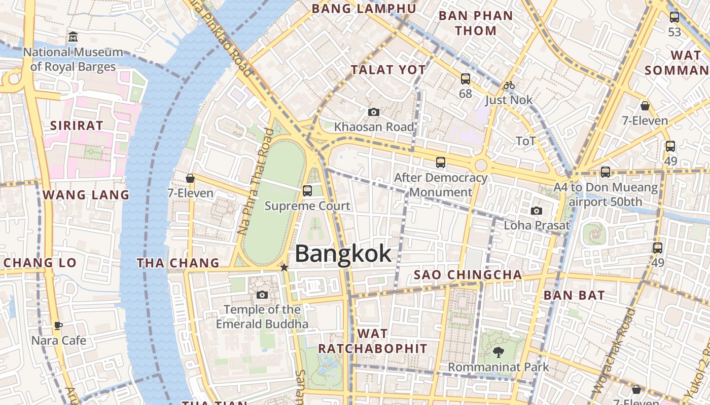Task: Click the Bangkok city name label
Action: coord(343,254)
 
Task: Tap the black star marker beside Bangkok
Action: coord(285,267)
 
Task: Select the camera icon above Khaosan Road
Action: coord(374,112)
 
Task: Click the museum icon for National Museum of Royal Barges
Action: coord(73,37)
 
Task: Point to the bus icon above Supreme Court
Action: coord(307,191)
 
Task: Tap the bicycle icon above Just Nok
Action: coord(509,85)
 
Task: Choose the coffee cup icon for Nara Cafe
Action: coord(58,326)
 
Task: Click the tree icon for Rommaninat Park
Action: coord(498,352)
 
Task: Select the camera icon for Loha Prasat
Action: coord(537,211)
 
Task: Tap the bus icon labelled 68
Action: coord(465,79)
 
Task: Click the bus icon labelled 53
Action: coord(674,17)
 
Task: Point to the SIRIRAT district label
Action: coord(77,126)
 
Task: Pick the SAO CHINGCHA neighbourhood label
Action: coord(468,275)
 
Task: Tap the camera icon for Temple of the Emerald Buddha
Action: coord(262,295)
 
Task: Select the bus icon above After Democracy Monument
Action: coord(441,163)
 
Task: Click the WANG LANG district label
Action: coord(86,195)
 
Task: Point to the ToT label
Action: coord(525,141)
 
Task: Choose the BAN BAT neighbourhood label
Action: coord(574,295)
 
